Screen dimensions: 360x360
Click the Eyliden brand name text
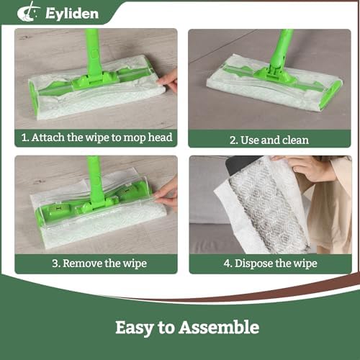click(x=72, y=14)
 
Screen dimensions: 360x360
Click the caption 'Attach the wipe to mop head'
click(x=102, y=138)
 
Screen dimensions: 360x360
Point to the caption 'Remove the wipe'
click(x=104, y=264)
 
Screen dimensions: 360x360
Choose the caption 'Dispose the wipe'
click(x=276, y=264)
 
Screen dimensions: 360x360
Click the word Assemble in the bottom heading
click(x=219, y=327)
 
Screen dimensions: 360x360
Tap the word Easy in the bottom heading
click(x=135, y=328)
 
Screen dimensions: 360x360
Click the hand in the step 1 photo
click(x=168, y=81)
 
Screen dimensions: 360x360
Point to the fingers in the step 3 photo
click(x=166, y=194)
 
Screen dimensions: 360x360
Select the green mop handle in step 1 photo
click(x=93, y=53)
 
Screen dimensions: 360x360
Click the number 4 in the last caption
click(x=227, y=263)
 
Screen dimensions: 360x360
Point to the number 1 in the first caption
click(x=24, y=138)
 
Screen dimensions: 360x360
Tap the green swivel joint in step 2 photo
click(x=274, y=70)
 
